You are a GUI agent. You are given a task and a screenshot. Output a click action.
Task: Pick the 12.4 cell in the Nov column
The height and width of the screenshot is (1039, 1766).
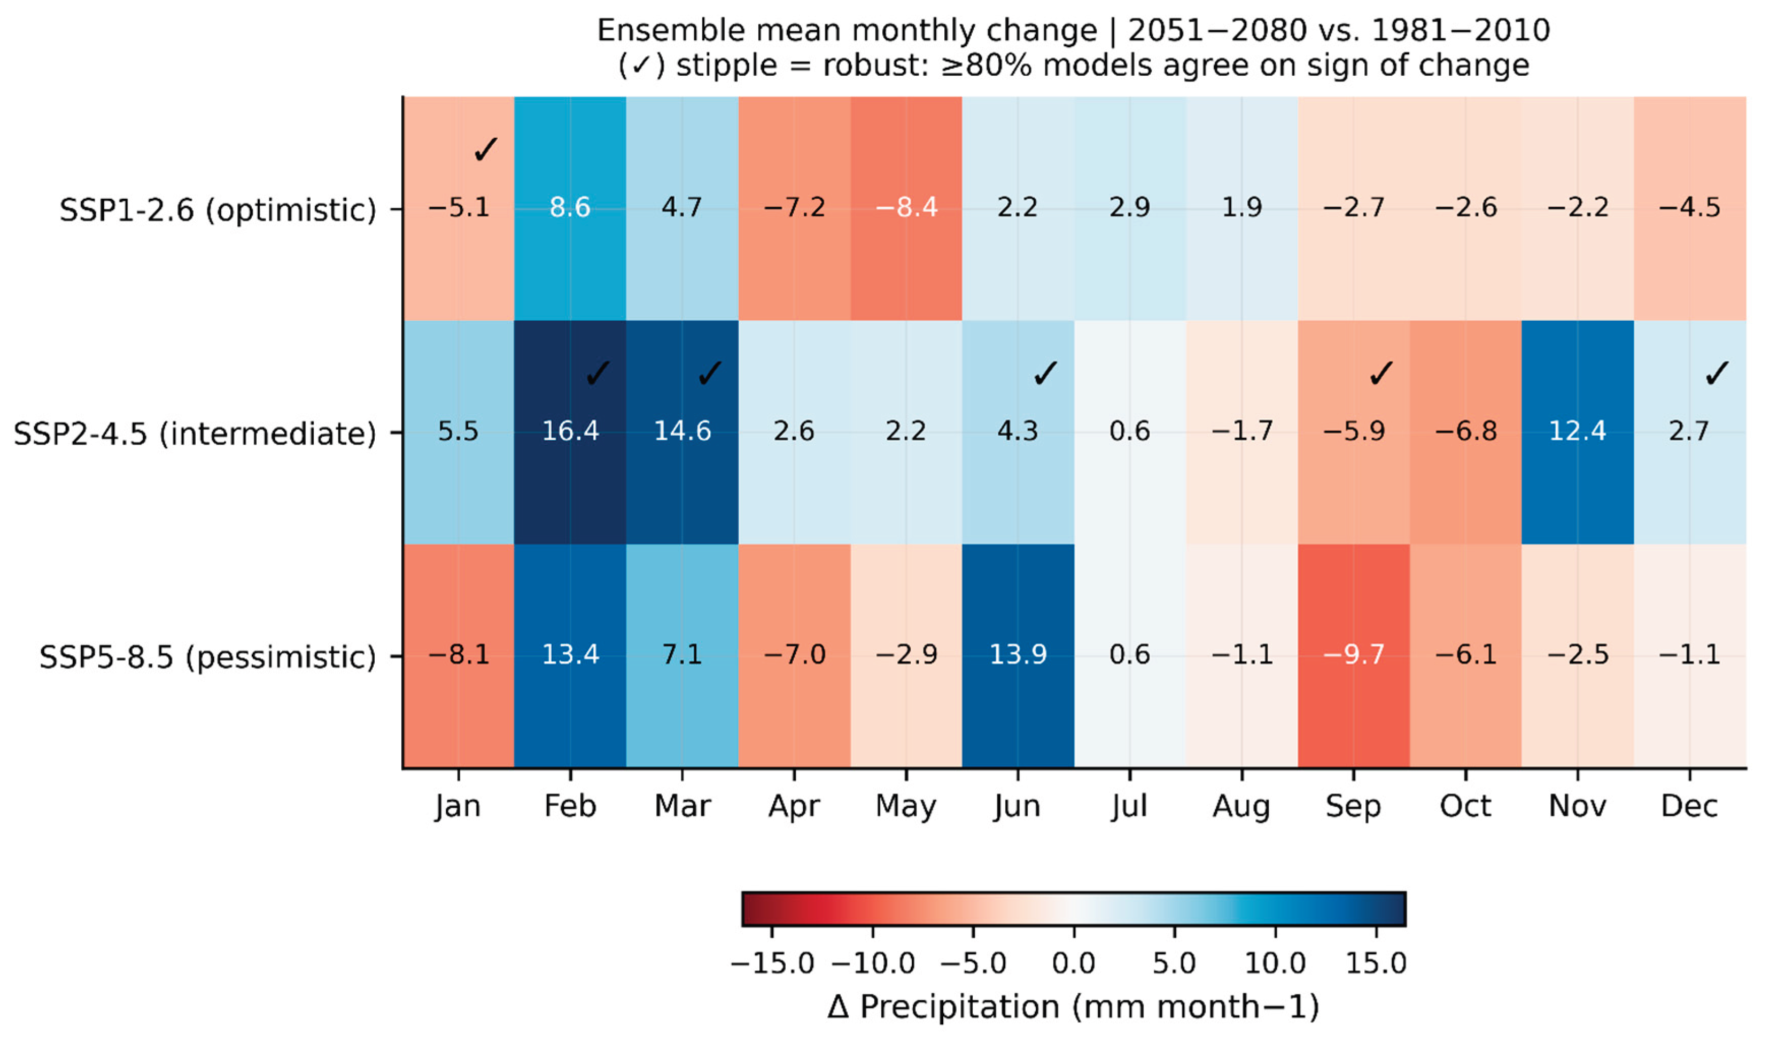(1577, 431)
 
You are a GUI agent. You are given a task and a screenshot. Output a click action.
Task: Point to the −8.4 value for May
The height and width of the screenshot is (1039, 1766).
(906, 207)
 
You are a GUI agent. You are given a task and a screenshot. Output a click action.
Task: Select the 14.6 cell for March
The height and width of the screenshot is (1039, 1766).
(682, 431)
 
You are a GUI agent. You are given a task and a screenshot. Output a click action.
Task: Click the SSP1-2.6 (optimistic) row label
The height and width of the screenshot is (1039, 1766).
(218, 209)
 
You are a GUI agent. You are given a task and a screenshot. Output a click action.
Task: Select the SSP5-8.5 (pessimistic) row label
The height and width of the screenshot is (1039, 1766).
(207, 657)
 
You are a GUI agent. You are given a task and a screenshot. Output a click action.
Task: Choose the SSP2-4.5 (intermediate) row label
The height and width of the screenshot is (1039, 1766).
(195, 434)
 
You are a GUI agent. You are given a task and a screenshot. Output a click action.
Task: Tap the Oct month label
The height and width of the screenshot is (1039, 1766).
(1465, 806)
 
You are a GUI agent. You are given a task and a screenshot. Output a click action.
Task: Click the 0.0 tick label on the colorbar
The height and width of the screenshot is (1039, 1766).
(1073, 963)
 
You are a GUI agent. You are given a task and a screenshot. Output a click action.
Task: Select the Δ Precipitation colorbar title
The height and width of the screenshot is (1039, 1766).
(1073, 1007)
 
